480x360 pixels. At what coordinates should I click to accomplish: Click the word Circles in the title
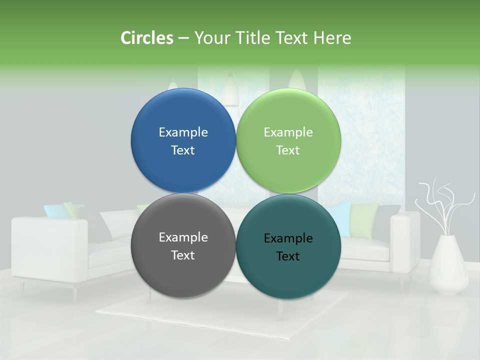pos(146,38)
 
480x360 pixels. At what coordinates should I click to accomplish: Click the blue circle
pos(183,115)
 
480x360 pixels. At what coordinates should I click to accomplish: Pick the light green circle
pos(288,115)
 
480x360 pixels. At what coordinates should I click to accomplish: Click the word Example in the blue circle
pos(183,132)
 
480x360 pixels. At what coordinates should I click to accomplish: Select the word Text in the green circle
pos(288,150)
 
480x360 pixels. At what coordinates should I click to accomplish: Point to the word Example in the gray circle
pos(183,237)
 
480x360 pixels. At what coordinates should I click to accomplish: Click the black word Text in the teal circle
pos(288,256)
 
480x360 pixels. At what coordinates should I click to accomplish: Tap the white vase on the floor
pos(448,265)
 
